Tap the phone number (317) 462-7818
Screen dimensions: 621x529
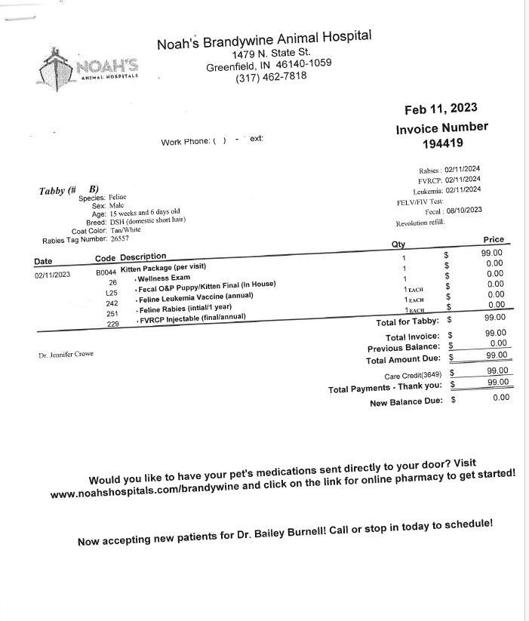(x=271, y=77)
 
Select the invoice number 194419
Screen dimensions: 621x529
(x=442, y=143)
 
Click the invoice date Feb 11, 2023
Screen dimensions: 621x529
(x=441, y=109)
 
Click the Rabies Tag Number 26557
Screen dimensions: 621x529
(x=119, y=238)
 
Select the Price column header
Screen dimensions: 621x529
(x=493, y=239)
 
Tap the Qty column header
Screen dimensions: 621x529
(x=398, y=244)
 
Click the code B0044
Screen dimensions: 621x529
(x=106, y=272)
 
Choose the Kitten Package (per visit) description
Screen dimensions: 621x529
(x=163, y=268)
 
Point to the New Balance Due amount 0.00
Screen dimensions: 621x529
(x=500, y=397)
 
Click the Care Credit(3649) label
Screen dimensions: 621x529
(x=412, y=375)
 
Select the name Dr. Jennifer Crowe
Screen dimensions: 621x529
(x=66, y=354)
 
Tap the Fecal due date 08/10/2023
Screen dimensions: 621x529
(x=463, y=211)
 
